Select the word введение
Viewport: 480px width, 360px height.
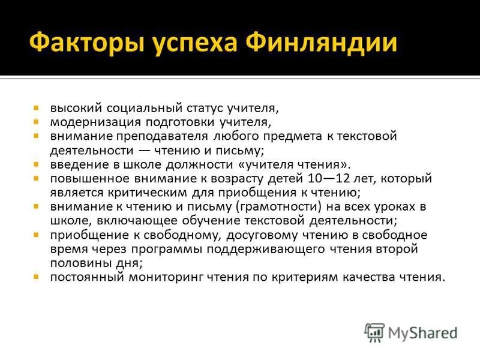coord(75,164)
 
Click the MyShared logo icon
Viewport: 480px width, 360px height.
coord(375,332)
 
